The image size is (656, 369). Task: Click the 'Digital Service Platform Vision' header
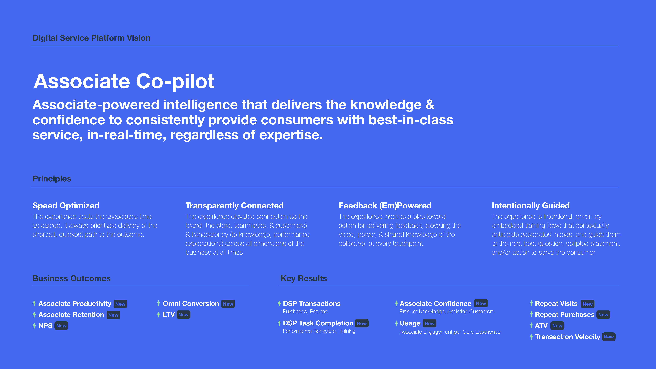[x=91, y=38]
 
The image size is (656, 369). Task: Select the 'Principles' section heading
[x=52, y=179]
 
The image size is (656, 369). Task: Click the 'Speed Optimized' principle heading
[x=66, y=206]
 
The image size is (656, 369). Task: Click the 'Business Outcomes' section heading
[x=72, y=278]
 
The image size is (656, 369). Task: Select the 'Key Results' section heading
[x=304, y=278]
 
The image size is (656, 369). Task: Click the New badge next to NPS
[x=61, y=326]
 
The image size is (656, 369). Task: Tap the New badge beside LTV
[x=183, y=315]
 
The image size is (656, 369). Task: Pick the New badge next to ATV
[x=557, y=326]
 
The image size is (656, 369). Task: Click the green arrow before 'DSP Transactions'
[x=279, y=303]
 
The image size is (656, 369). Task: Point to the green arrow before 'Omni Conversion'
[x=158, y=303]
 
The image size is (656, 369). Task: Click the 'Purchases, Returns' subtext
[x=305, y=311]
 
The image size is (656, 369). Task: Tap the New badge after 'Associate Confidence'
[x=481, y=303]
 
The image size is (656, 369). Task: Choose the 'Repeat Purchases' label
[x=565, y=315]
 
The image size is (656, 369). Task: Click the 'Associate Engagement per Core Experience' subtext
[x=450, y=332]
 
